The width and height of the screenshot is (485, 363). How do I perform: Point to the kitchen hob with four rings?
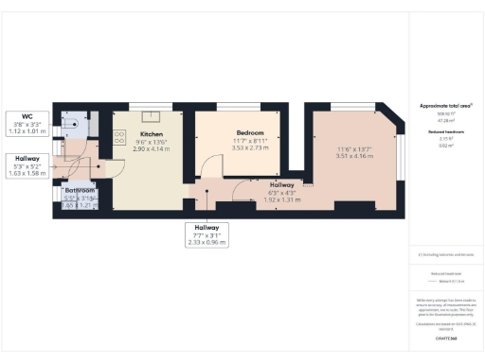(x=119, y=138)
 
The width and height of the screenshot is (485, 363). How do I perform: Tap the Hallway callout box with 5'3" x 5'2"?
(x=27, y=165)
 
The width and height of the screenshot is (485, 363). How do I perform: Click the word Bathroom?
(x=80, y=190)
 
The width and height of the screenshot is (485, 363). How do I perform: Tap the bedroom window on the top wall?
(x=249, y=104)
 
